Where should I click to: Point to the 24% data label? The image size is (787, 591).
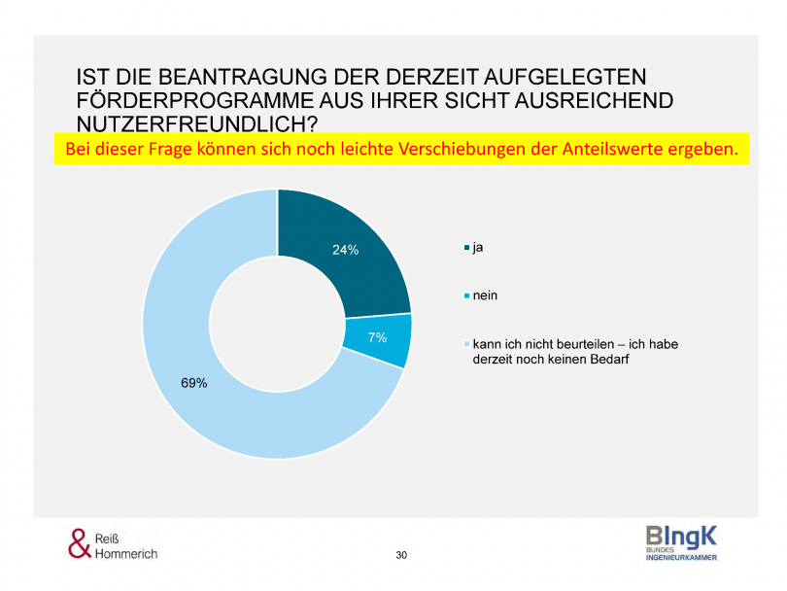[x=345, y=250]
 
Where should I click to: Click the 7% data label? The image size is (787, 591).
[x=377, y=338]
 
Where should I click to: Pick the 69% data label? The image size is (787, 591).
[x=194, y=383]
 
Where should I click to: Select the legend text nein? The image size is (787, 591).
[x=486, y=295]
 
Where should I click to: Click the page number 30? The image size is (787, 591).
[x=401, y=555]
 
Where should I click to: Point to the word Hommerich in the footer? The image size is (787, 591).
[x=127, y=553]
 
